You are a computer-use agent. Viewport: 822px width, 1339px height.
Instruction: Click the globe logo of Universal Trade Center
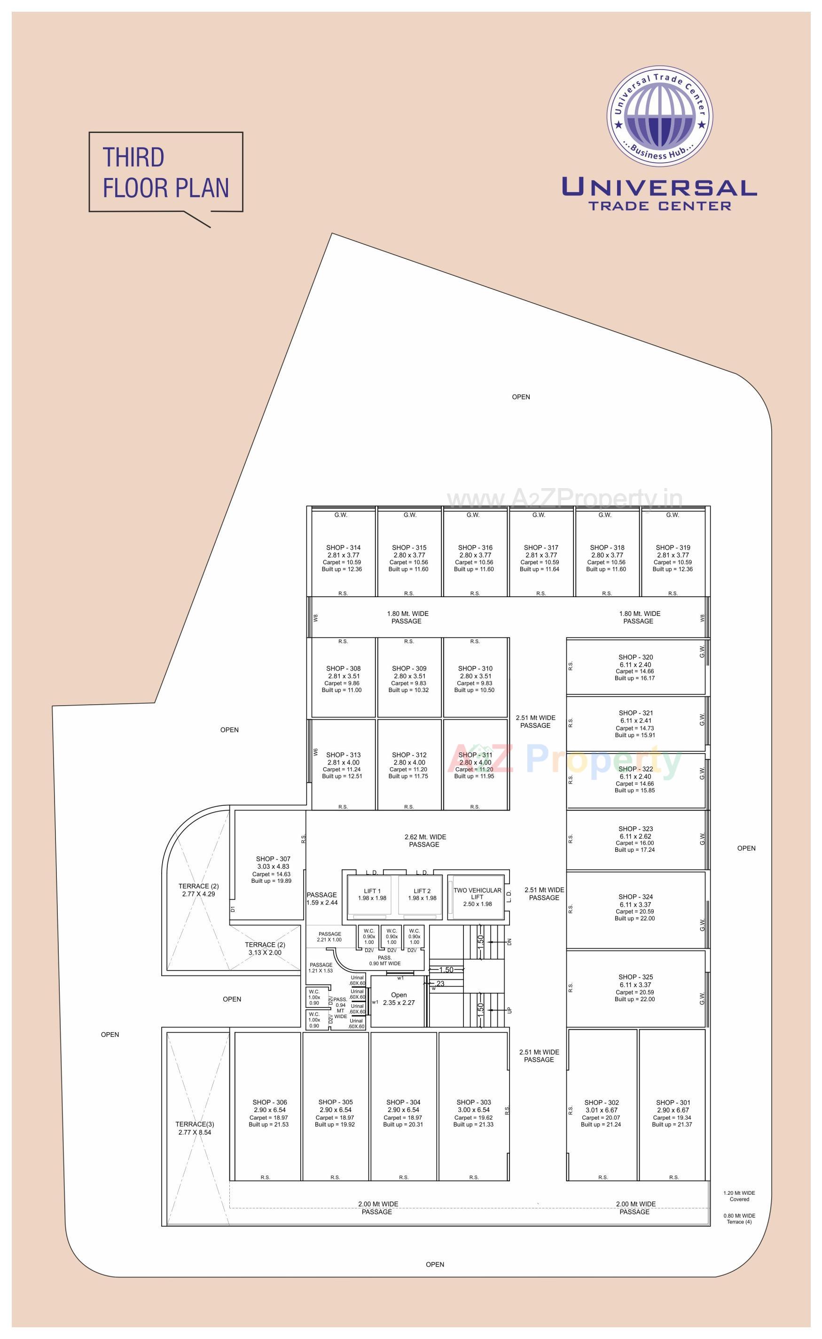coord(659,117)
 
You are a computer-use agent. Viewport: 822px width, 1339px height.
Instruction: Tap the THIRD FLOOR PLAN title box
coord(166,172)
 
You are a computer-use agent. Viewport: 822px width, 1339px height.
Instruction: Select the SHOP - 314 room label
coord(343,548)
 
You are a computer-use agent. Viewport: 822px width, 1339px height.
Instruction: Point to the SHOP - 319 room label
coord(673,548)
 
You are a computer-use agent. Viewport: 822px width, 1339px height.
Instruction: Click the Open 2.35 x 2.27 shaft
coord(399,999)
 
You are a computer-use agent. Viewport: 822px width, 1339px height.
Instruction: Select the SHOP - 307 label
coord(273,859)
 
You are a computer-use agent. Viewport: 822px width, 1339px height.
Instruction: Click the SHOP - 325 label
coord(635,977)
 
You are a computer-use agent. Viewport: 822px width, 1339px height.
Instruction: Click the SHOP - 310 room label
coord(475,669)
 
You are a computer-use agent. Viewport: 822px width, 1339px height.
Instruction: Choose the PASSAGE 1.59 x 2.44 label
coord(322,898)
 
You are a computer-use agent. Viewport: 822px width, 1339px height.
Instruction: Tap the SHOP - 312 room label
coord(409,755)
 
